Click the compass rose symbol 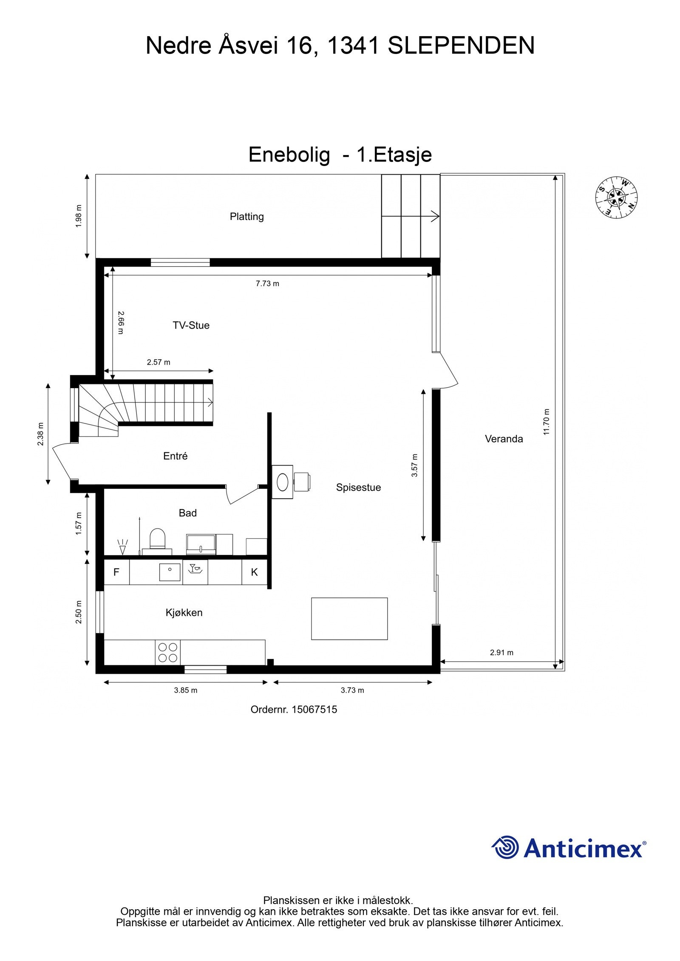click(616, 197)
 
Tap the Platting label click(246, 217)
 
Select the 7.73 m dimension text click(267, 284)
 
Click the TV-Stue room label click(191, 325)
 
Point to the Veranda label click(504, 439)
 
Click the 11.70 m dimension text click(546, 422)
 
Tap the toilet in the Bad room click(157, 538)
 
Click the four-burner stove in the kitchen click(167, 652)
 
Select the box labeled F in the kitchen click(116, 572)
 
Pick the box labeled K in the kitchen click(254, 572)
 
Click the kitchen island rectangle click(349, 618)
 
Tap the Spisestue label click(358, 488)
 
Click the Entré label click(175, 456)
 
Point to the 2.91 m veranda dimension click(501, 652)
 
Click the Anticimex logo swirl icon click(506, 847)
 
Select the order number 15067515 click(314, 710)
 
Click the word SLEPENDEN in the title click(461, 46)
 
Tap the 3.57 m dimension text click(414, 465)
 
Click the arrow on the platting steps click(433, 216)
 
